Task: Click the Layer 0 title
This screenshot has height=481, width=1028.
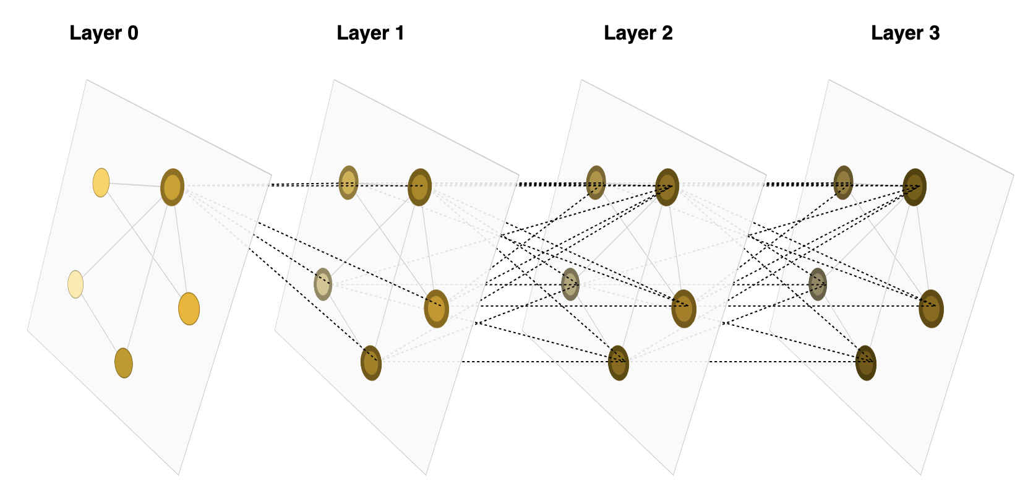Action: click(104, 33)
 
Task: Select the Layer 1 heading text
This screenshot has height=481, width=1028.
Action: click(371, 33)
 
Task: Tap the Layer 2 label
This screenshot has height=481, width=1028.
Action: click(638, 33)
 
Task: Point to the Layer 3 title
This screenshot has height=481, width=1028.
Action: click(905, 33)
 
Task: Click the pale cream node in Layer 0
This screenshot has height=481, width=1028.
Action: click(75, 284)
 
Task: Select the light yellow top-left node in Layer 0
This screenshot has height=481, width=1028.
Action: click(101, 182)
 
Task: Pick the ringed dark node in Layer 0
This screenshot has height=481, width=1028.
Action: click(173, 187)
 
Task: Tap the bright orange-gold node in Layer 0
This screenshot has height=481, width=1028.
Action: click(189, 309)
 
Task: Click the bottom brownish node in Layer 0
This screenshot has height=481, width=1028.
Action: click(124, 363)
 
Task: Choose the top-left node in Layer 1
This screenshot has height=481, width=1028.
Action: click(349, 182)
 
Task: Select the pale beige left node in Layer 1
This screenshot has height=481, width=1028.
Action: click(323, 284)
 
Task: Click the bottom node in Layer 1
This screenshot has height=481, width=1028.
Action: click(371, 363)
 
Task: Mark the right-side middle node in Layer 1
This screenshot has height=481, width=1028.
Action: click(437, 309)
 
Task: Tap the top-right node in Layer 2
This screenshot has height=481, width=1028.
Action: click(667, 187)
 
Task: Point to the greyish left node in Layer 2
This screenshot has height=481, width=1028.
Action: click(570, 284)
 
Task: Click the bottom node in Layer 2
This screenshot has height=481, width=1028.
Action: click(619, 363)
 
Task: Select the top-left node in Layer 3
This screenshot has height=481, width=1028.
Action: click(844, 182)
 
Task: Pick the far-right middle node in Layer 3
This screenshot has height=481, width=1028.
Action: click(932, 309)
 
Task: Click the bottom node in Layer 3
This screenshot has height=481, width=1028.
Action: click(866, 363)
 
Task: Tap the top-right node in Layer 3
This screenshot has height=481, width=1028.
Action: click(915, 187)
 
